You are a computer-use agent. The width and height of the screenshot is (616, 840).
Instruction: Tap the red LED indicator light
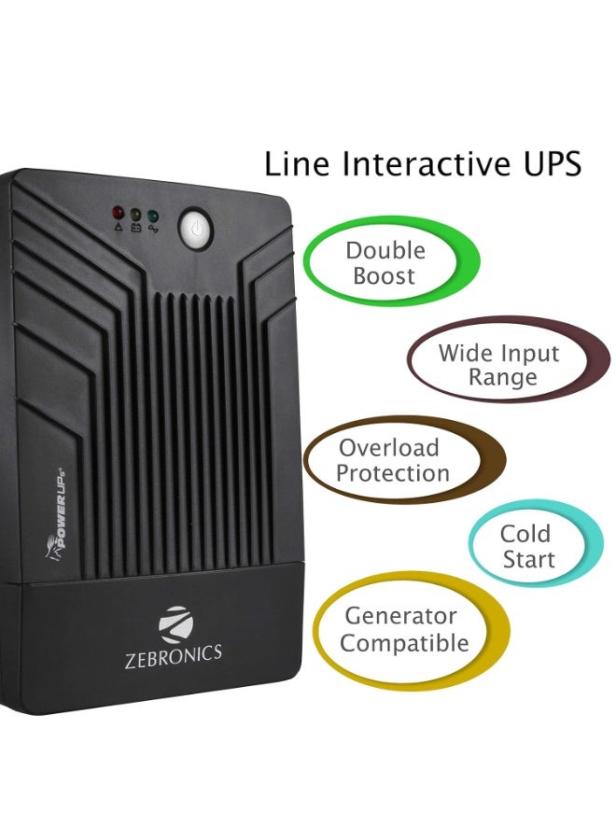pyautogui.click(x=118, y=213)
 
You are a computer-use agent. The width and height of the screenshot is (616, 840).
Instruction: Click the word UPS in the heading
pyautogui.click(x=539, y=164)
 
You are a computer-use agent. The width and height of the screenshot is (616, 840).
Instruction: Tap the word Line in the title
pyautogui.click(x=298, y=164)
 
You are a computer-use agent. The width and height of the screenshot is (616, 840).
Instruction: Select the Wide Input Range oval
pyautogui.click(x=504, y=365)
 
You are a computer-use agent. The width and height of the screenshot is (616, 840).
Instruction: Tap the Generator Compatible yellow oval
pyautogui.click(x=406, y=629)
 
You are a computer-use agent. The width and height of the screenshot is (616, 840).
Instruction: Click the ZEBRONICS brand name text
pyautogui.click(x=173, y=654)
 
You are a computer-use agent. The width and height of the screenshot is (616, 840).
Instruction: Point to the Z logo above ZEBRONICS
pyautogui.click(x=174, y=623)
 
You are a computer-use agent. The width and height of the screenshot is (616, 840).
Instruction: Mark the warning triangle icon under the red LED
pyautogui.click(x=118, y=226)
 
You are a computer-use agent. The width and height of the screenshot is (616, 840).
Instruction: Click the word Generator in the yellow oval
pyautogui.click(x=400, y=616)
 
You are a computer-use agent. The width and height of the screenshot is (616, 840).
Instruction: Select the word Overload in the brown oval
pyautogui.click(x=388, y=448)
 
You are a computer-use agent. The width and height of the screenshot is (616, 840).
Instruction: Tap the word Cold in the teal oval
pyautogui.click(x=525, y=534)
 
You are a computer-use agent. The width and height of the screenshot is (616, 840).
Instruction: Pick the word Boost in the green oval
pyautogui.click(x=385, y=276)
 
